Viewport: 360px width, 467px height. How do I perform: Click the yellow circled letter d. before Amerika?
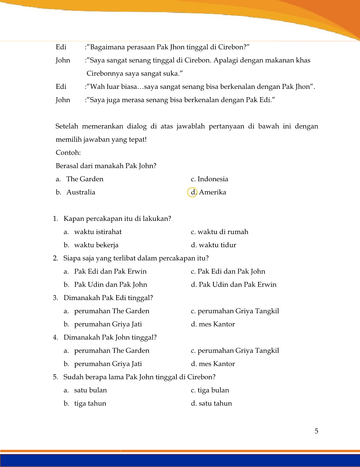click(x=193, y=192)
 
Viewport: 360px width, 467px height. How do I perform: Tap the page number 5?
click(x=316, y=431)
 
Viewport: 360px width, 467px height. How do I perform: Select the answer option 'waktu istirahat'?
click(x=98, y=232)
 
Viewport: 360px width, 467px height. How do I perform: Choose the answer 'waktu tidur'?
click(x=217, y=245)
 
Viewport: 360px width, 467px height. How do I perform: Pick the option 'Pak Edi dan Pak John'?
click(x=231, y=272)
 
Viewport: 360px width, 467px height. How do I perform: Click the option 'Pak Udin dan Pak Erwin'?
click(x=237, y=285)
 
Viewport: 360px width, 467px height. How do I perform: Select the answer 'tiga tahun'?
click(x=90, y=404)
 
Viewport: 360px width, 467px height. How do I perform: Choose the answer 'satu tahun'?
click(x=215, y=404)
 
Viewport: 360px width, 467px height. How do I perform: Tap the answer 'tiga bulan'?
click(x=213, y=391)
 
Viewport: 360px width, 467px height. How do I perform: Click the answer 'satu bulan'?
click(x=90, y=391)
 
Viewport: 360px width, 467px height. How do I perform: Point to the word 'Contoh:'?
click(x=68, y=153)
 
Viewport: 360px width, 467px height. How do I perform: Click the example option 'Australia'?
click(x=81, y=192)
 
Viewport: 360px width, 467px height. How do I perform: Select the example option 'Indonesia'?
click(x=213, y=179)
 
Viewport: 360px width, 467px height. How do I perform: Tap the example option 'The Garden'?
click(x=85, y=179)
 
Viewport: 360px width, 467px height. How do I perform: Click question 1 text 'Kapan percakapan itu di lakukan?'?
click(x=117, y=219)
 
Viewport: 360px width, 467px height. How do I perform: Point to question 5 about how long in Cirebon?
click(x=139, y=377)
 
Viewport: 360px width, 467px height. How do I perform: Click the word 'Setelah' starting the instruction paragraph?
click(x=67, y=126)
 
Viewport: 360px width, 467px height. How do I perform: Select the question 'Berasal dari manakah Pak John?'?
click(x=106, y=166)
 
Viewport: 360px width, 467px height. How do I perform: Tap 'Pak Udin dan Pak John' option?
click(x=110, y=285)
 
